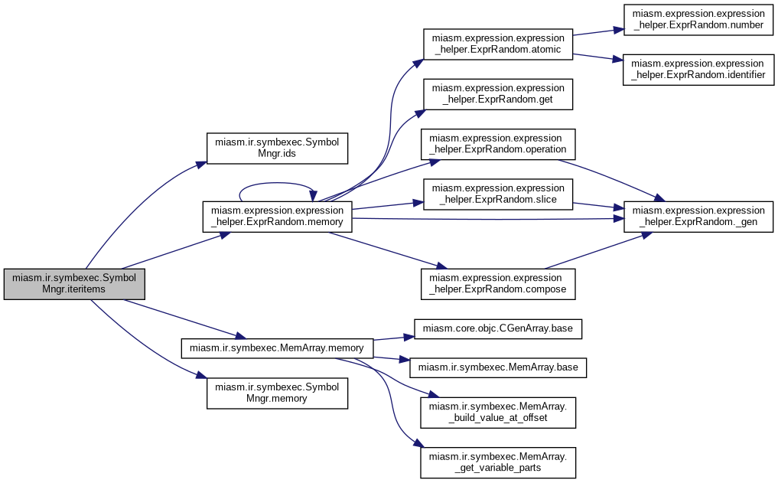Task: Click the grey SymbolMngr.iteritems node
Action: click(74, 284)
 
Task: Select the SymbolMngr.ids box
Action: click(277, 148)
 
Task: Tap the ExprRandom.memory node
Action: click(277, 217)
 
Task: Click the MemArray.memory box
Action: click(277, 348)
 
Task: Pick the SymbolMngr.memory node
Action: click(277, 393)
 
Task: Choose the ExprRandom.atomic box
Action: click(498, 44)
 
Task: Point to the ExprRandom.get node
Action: click(498, 94)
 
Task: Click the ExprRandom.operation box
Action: click(498, 144)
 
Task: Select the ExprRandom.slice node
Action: click(498, 194)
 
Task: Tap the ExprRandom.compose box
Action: click(498, 284)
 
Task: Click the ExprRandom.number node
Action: click(698, 19)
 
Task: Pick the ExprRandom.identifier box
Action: click(698, 70)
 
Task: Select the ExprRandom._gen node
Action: click(698, 217)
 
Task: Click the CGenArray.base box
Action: click(498, 328)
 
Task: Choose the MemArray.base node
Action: click(498, 367)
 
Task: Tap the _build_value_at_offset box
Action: click(498, 412)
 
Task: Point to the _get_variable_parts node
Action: click(498, 462)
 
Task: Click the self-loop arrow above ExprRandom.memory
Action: click(277, 183)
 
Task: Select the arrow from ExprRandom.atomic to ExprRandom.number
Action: click(598, 32)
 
